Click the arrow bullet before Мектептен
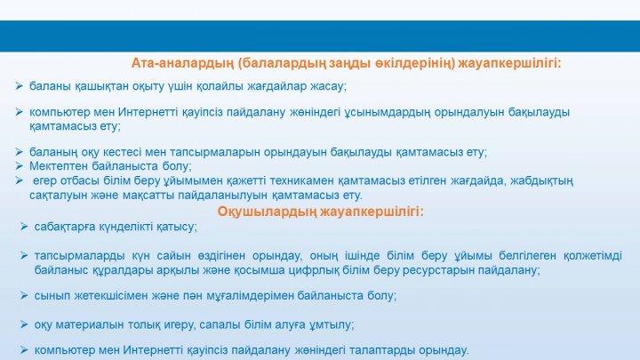[x=19, y=166]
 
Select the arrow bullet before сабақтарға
[x=24, y=227]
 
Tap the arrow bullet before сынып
[x=24, y=295]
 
